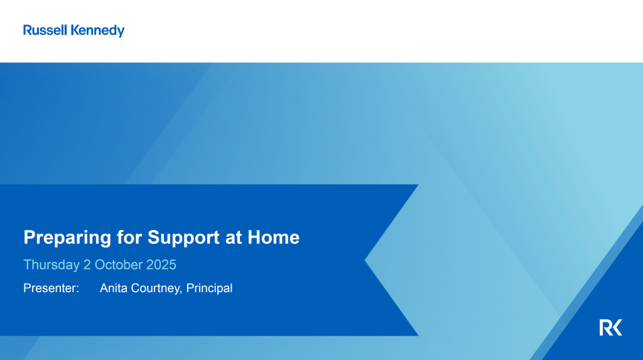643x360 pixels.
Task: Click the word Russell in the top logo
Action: tap(45, 30)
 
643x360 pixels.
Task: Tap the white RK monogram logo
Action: tap(610, 327)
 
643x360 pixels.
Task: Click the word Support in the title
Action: tap(180, 237)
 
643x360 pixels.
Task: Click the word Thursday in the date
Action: tap(51, 265)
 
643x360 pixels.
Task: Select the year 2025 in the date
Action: tap(161, 265)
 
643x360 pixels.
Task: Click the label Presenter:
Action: tap(51, 288)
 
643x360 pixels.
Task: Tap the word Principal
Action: tap(209, 288)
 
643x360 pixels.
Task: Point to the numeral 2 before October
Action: tap(87, 265)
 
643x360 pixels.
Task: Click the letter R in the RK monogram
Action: tap(605, 327)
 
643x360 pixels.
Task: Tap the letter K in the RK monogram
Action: tap(617, 327)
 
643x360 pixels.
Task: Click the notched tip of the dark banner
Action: tap(367, 260)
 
